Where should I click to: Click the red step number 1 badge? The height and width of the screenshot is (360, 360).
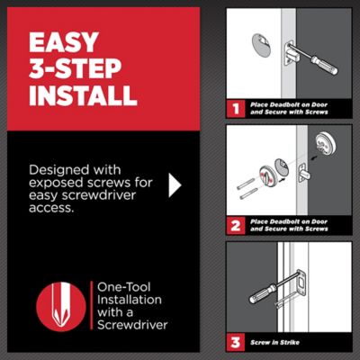[235, 109]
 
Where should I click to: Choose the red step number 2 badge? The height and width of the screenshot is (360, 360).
[235, 225]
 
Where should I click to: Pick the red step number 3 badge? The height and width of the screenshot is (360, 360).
[235, 342]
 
